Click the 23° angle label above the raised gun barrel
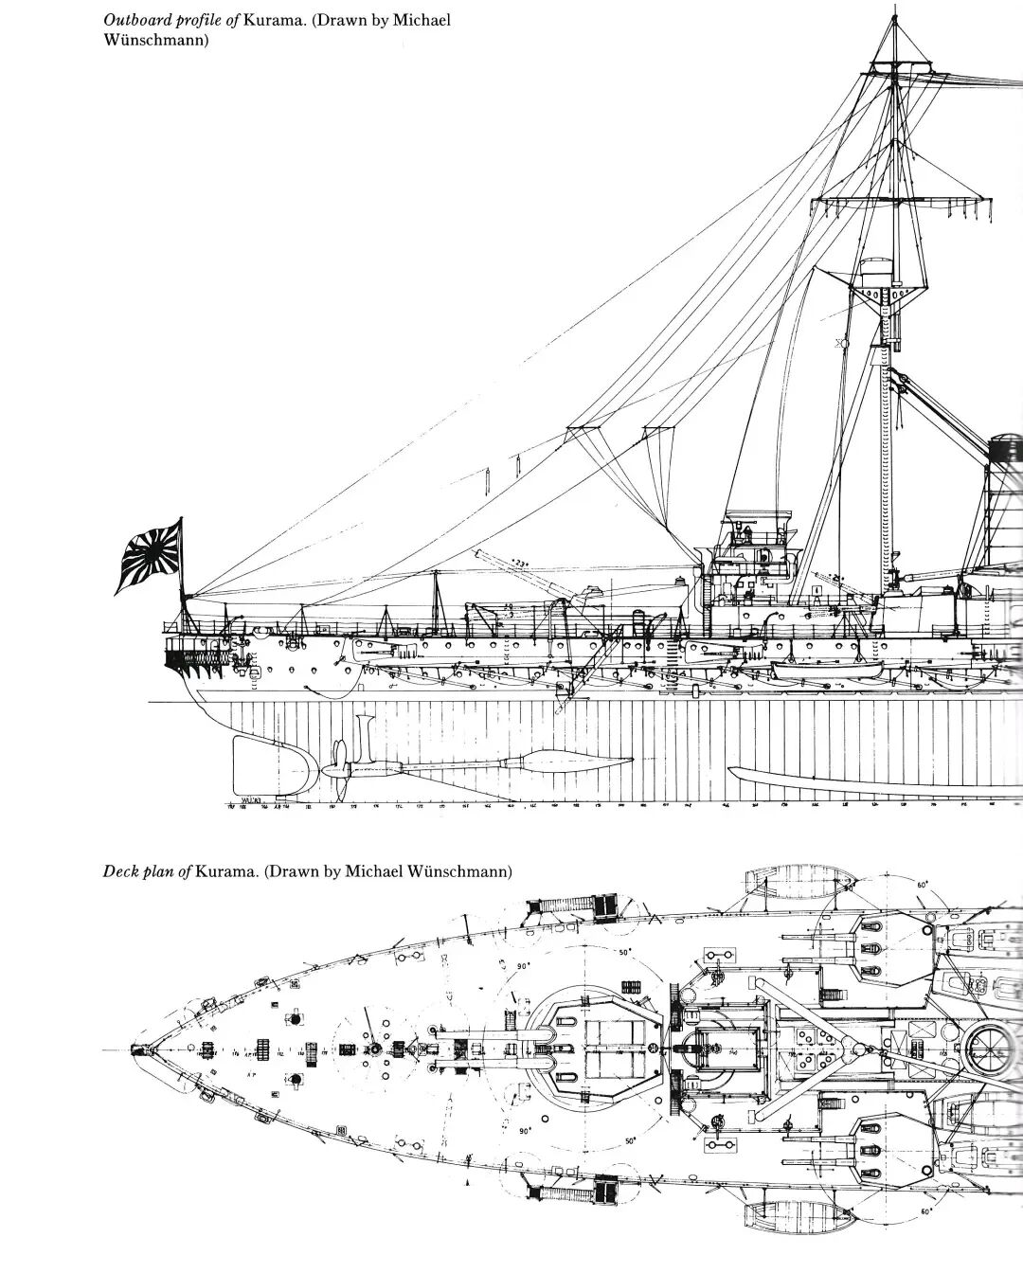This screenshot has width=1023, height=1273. (x=518, y=565)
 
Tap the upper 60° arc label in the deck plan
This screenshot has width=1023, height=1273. (x=921, y=885)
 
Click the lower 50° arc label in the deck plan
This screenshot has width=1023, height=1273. (x=631, y=1142)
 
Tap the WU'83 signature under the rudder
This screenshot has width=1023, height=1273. (x=250, y=800)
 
